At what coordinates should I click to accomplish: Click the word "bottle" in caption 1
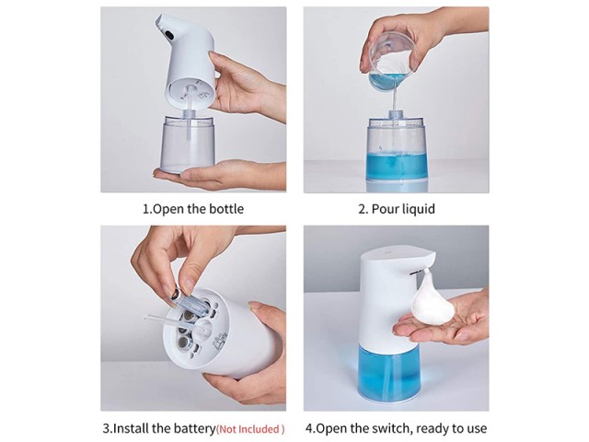226,209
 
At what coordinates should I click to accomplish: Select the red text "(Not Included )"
250,429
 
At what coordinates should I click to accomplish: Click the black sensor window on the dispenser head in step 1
167,33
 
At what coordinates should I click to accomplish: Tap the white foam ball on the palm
433,301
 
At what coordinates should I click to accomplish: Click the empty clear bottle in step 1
188,144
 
